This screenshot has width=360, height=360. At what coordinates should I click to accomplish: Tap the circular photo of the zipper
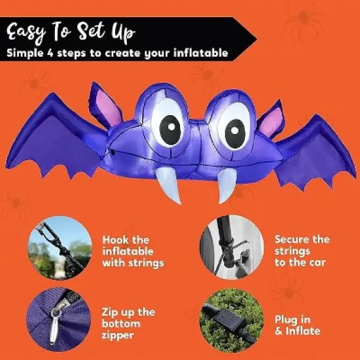[x=56, y=319]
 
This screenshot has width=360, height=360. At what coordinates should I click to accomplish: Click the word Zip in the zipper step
[x=112, y=312]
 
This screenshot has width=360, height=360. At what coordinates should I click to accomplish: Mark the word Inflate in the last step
[x=302, y=331]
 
